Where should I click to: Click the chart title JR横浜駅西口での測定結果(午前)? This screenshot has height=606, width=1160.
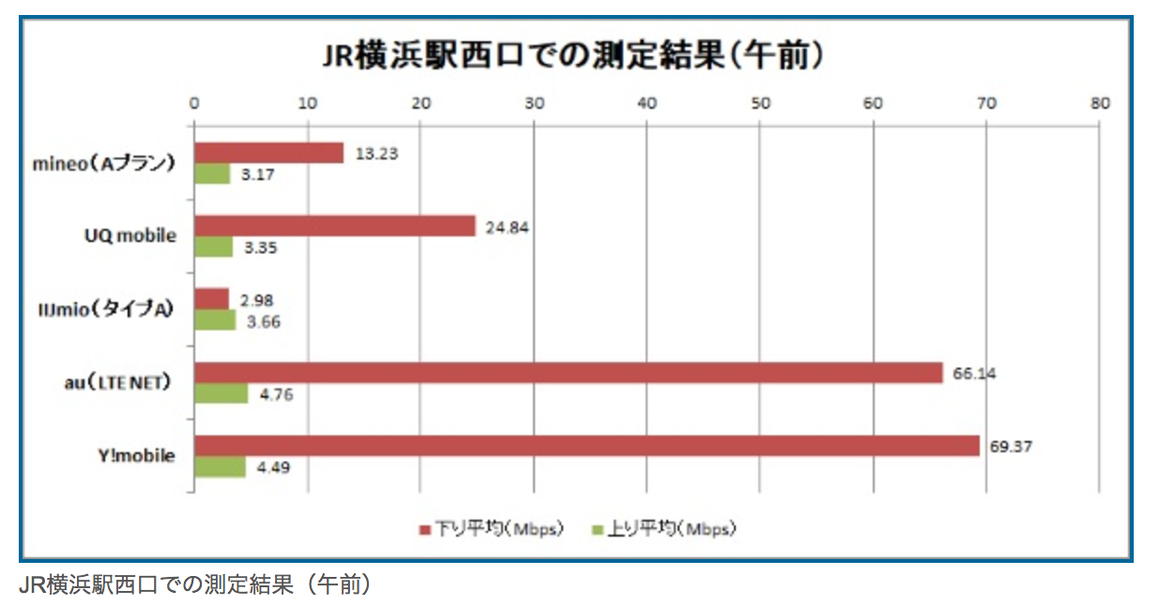(573, 54)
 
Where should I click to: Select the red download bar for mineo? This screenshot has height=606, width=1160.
(268, 153)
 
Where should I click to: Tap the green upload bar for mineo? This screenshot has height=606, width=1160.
(212, 174)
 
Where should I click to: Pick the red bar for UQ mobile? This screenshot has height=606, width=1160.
(335, 226)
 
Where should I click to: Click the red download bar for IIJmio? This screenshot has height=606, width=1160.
(211, 299)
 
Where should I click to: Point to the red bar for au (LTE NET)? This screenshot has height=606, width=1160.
(568, 372)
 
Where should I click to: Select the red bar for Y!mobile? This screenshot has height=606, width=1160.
(587, 446)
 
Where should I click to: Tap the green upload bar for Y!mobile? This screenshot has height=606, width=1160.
(220, 466)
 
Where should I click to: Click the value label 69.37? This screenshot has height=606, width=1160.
(1011, 447)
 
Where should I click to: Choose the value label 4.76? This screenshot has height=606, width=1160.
(277, 394)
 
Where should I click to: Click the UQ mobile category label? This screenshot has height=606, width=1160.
(130, 236)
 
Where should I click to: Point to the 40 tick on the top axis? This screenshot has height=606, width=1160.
(647, 103)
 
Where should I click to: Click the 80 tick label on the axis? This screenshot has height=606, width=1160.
(1099, 103)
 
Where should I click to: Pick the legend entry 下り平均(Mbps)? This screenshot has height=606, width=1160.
(490, 529)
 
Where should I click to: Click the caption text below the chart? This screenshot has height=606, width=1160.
(195, 585)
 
